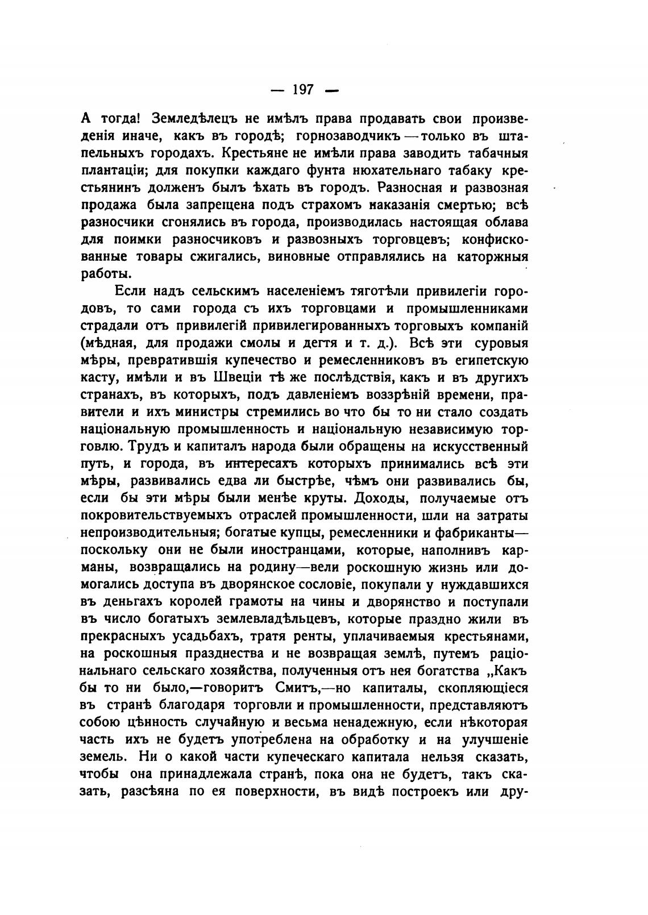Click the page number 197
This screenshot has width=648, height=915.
coord(303,90)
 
